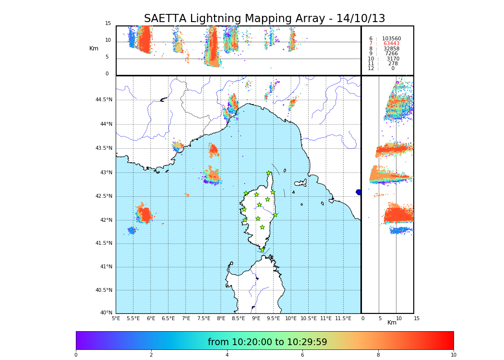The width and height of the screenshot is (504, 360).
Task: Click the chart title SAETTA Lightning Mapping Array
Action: coord(264,19)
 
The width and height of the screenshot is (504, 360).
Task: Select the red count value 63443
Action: coord(391,44)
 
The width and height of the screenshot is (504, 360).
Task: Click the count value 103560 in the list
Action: coord(391,38)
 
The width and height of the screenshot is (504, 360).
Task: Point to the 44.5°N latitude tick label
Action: coord(104,100)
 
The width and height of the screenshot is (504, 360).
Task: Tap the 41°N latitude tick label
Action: coord(106,267)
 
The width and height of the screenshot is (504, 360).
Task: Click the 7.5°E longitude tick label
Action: coord(204,318)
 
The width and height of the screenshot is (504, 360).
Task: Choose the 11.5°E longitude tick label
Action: coord(343,318)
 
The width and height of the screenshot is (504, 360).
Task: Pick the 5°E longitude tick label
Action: coord(116,318)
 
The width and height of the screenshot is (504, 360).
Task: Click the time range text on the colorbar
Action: coord(267,342)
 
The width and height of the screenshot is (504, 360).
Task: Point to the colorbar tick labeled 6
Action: coord(302,355)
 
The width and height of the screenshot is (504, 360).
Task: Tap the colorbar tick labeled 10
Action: coord(453,355)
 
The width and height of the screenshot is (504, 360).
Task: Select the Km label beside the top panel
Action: coord(94,48)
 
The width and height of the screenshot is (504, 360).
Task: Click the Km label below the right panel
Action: coord(392,323)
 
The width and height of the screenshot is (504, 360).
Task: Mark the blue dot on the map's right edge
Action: coord(359,192)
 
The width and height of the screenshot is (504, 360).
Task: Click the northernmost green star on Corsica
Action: coord(269,173)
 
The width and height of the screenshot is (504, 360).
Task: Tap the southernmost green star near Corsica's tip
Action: coord(262,250)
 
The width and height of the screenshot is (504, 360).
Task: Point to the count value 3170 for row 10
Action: coord(393,59)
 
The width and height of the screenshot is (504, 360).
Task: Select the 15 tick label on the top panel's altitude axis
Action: coord(108,24)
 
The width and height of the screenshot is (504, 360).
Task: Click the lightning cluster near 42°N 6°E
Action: coord(144,214)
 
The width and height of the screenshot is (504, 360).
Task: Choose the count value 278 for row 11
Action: coord(393,64)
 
